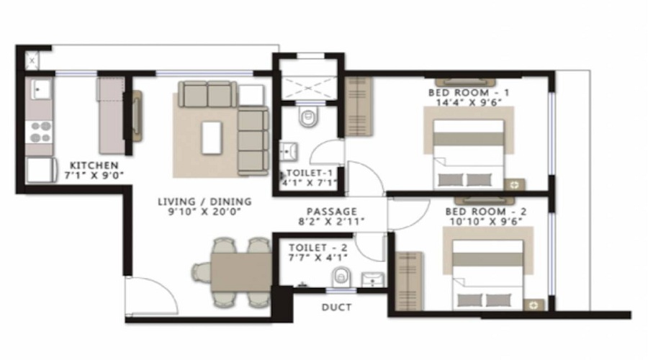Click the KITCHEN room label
coord(94,166)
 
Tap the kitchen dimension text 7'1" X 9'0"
coord(94,175)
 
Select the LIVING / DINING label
coord(204,202)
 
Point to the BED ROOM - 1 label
coord(469,93)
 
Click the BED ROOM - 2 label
coord(486,212)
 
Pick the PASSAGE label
coord(332,212)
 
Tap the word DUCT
coord(337,307)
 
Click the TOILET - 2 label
coord(318,248)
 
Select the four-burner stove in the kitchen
coord(40,132)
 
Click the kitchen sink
coord(40,89)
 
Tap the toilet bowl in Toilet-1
coord(308,116)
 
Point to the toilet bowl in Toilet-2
coord(341,276)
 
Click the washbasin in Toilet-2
coord(373,280)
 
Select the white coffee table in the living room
coord(212,138)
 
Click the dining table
coord(241,273)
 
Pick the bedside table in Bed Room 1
coord(515,185)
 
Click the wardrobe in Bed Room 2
coord(409,281)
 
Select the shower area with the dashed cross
coord(308,88)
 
